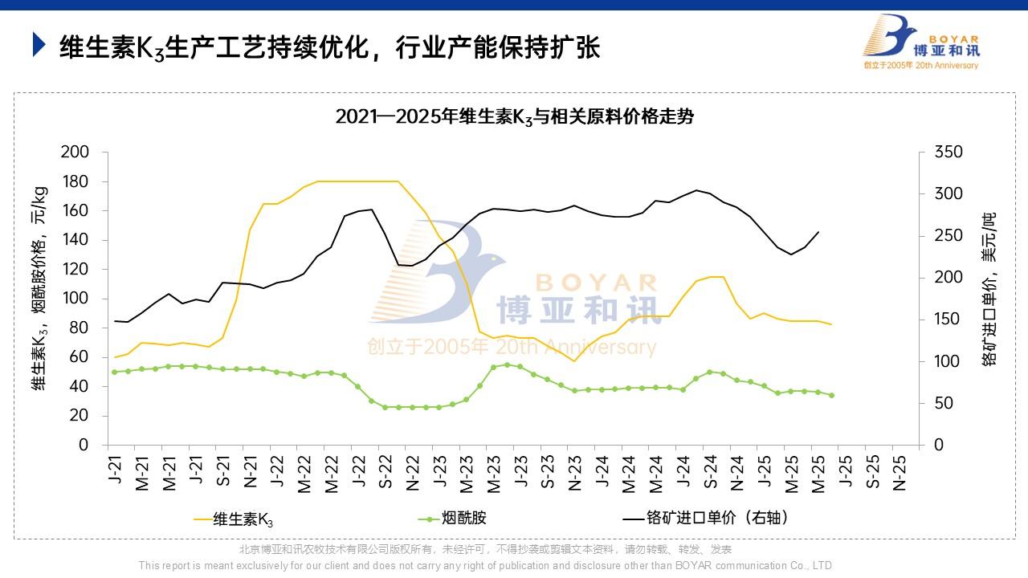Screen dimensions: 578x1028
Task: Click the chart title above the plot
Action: click(x=514, y=116)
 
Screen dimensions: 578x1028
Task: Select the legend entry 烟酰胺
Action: click(x=464, y=519)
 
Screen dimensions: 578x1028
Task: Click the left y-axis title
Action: click(x=40, y=289)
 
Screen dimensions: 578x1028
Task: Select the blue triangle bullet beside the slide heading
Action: click(x=39, y=45)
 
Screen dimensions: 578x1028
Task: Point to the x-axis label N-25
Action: click(x=899, y=473)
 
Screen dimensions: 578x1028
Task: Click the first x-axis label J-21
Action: click(x=115, y=473)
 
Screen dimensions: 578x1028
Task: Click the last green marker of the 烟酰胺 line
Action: click(x=831, y=395)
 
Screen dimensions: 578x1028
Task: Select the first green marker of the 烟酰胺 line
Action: click(x=115, y=372)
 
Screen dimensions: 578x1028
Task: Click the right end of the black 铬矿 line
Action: click(x=818, y=232)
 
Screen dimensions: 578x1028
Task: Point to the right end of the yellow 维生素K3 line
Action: click(x=831, y=324)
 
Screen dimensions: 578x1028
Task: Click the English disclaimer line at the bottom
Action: click(x=486, y=565)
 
